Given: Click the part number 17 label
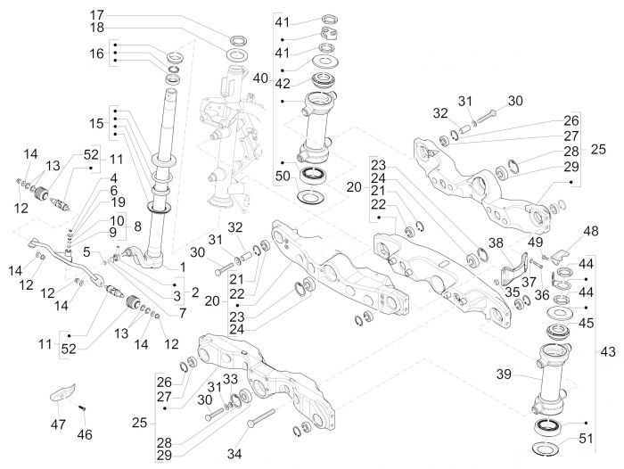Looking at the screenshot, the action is coord(96,15).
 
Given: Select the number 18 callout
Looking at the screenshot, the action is coord(96,28).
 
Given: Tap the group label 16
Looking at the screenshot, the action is coord(96,53).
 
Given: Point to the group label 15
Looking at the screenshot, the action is coord(96,123).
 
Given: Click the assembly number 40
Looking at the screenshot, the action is coord(261,78).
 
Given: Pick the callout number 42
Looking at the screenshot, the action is coord(283,84).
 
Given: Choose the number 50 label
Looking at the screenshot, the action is coord(283,176).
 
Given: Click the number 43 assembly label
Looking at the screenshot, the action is coord(608,352).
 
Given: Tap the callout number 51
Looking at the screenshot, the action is coord(586,439).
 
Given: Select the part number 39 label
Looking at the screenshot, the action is coord(504,374).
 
